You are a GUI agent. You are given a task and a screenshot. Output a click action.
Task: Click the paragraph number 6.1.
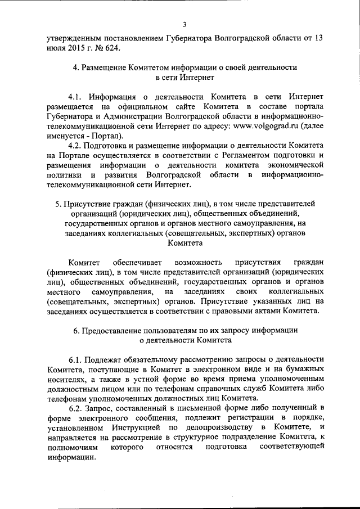tap(76, 359)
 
